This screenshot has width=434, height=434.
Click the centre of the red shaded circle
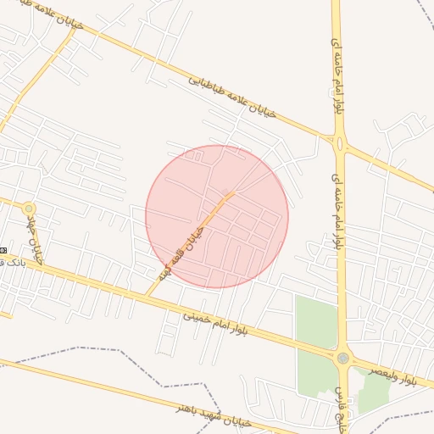217,216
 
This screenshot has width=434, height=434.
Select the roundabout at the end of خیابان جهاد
30,208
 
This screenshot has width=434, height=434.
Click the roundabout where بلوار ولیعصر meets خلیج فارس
342,359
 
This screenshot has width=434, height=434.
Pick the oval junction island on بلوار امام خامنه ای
340,144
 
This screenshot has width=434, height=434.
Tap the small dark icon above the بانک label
3,250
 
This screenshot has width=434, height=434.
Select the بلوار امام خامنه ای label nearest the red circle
337,210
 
